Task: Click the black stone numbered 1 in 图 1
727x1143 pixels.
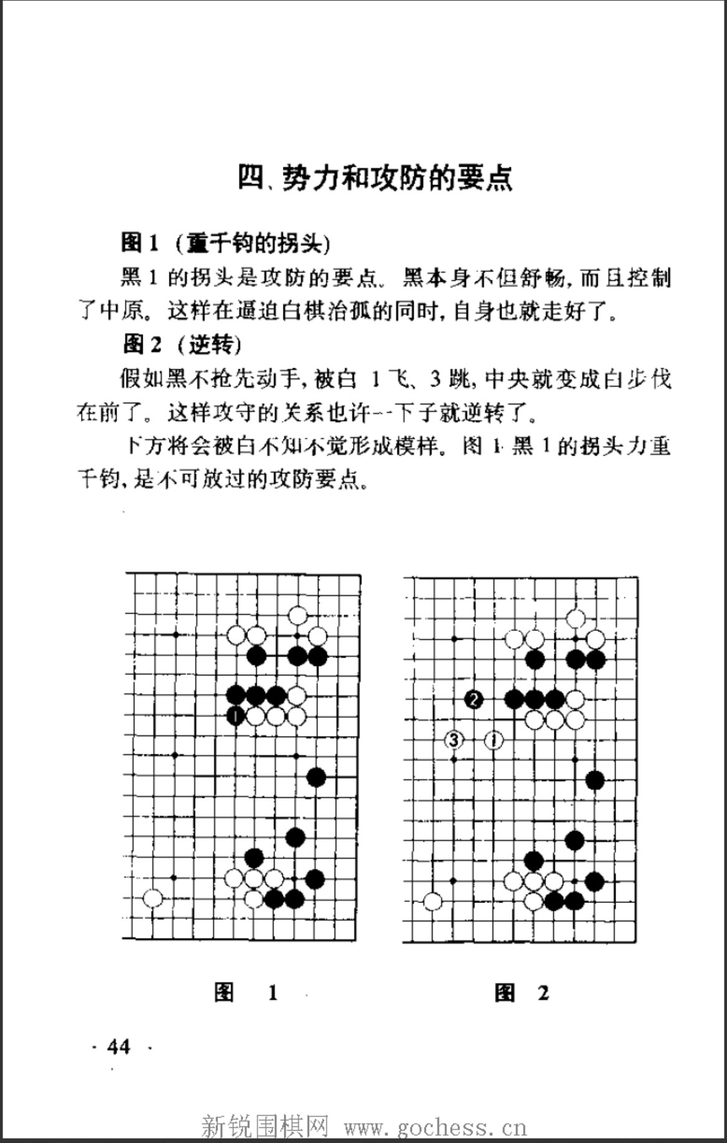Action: [235, 716]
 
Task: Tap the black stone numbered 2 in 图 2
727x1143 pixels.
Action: [473, 699]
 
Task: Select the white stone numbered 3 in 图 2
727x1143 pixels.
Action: [454, 740]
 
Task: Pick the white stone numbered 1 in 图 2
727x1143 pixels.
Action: [494, 740]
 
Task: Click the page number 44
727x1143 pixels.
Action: [118, 1046]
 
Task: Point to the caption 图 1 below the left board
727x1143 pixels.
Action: [246, 992]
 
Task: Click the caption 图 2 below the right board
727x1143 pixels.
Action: [521, 992]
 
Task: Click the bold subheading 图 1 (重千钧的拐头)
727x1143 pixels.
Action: [225, 242]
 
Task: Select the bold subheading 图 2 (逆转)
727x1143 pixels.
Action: [181, 343]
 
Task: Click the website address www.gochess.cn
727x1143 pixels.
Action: [435, 1127]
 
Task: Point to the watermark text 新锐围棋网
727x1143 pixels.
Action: [265, 1127]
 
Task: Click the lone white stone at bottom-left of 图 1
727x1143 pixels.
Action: [153, 898]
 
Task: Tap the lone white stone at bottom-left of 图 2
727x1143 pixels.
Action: [433, 901]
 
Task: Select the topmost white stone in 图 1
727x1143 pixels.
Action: [298, 616]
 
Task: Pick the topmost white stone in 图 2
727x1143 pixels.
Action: [576, 619]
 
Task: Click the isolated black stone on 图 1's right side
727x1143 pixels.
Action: [316, 777]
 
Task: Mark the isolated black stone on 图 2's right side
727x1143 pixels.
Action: [595, 780]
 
